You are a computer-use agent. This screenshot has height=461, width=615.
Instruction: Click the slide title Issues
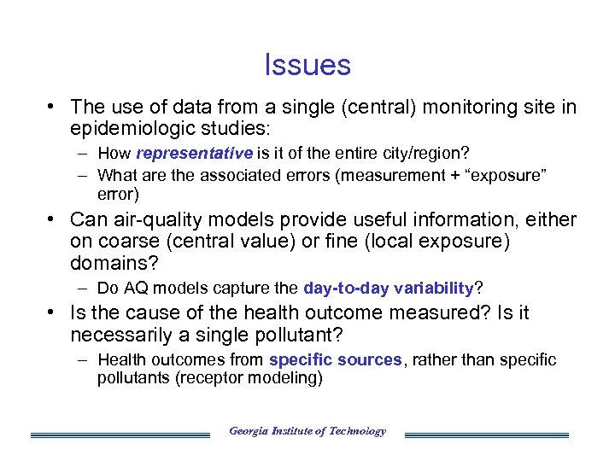307,65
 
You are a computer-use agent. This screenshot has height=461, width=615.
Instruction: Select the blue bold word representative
194,154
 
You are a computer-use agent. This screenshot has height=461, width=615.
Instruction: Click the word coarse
129,242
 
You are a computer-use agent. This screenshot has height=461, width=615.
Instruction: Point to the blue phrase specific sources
335,359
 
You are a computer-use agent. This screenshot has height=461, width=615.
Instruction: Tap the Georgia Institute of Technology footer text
307,431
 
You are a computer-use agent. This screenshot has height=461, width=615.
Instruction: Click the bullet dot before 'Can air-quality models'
52,219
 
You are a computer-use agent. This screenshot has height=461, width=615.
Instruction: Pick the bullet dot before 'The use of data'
52,107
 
